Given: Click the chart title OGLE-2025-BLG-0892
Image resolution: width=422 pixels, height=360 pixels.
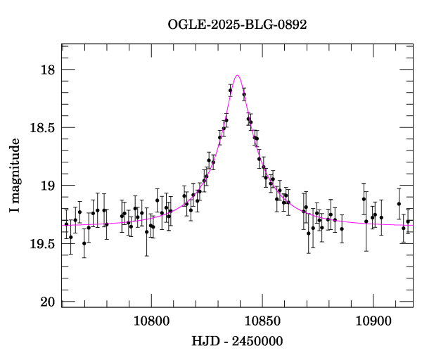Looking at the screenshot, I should (x=238, y=25).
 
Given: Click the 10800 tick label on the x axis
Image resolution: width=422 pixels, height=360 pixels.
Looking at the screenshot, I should (x=152, y=321).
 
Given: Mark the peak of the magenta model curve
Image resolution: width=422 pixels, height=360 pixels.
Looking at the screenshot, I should (x=238, y=75).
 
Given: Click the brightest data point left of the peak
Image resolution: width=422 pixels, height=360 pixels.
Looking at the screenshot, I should (x=230, y=91).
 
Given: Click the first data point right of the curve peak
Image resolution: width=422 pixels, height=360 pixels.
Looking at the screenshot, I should (x=244, y=94).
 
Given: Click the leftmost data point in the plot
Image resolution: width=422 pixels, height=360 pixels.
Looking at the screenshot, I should (x=66, y=224).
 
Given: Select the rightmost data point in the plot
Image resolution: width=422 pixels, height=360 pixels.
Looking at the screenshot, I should (x=408, y=221).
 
